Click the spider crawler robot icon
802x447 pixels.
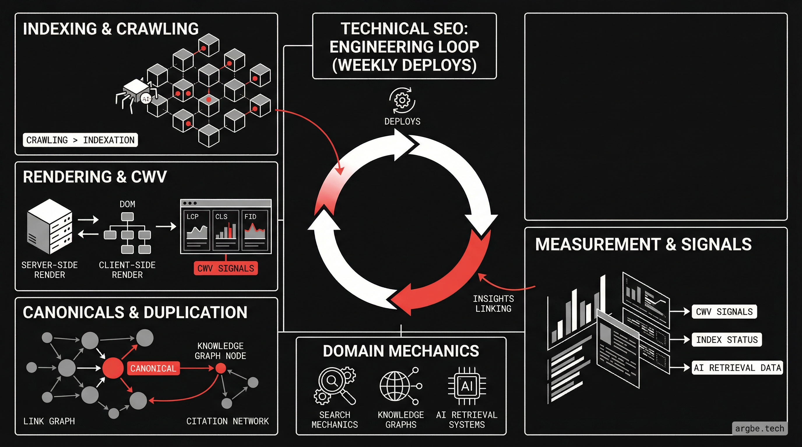coord(136,93)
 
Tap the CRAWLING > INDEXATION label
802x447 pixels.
coord(80,140)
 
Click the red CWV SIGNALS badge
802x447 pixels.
coord(226,268)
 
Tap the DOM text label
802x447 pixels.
coord(127,204)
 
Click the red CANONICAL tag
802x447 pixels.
coord(154,368)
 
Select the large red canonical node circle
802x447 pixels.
coord(113,368)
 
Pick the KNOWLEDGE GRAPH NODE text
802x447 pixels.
coord(220,351)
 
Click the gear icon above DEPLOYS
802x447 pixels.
coord(402,100)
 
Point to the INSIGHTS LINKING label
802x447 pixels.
coord(493,304)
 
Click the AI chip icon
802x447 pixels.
coord(467,386)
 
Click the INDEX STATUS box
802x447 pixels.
coord(727,339)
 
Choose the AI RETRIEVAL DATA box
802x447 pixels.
coord(737,368)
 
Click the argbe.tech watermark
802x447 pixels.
coord(759,428)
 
